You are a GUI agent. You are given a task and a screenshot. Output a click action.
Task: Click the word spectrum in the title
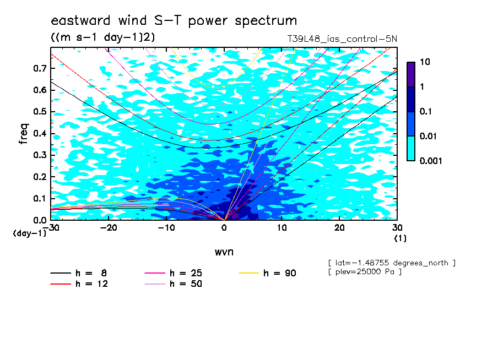pyautogui.click(x=266, y=21)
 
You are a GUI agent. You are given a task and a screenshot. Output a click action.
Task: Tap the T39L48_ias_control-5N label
pyautogui.click(x=342, y=39)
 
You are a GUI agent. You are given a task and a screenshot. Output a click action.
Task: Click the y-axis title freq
pyautogui.click(x=24, y=134)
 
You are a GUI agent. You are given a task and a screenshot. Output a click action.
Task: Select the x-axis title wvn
pyautogui.click(x=224, y=252)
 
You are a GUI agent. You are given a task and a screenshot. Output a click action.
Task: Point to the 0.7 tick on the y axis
pyautogui.click(x=40, y=68)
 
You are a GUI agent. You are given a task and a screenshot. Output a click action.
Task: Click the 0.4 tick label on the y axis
pyautogui.click(x=40, y=133)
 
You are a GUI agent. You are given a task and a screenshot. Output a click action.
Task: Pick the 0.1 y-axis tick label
pyautogui.click(x=40, y=198)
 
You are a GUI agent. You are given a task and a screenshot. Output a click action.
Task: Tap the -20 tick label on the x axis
pyautogui.click(x=109, y=228)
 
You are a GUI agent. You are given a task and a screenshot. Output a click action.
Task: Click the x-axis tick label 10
pyautogui.click(x=282, y=228)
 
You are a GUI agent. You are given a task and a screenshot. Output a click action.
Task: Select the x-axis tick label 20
pyautogui.click(x=339, y=228)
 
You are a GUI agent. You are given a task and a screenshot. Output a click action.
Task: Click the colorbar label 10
pyautogui.click(x=425, y=62)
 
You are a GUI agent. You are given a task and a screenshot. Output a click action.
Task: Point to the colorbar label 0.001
pyautogui.click(x=431, y=161)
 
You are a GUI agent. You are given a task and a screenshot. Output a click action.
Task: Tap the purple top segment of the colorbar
pyautogui.click(x=411, y=75)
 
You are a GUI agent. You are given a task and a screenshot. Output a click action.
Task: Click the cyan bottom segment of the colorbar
pyautogui.click(x=411, y=149)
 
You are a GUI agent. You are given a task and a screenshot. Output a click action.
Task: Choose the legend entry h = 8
pyautogui.click(x=78, y=273)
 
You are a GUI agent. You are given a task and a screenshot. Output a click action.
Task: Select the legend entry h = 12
pyautogui.click(x=79, y=284)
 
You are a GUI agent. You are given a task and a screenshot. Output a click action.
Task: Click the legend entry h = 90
pyautogui.click(x=267, y=273)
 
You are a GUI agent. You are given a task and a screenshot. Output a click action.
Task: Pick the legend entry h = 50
pyautogui.click(x=173, y=284)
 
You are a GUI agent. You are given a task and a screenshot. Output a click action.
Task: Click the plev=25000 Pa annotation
pyautogui.click(x=365, y=272)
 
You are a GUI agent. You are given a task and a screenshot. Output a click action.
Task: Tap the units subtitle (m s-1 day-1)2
pyautogui.click(x=103, y=37)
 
